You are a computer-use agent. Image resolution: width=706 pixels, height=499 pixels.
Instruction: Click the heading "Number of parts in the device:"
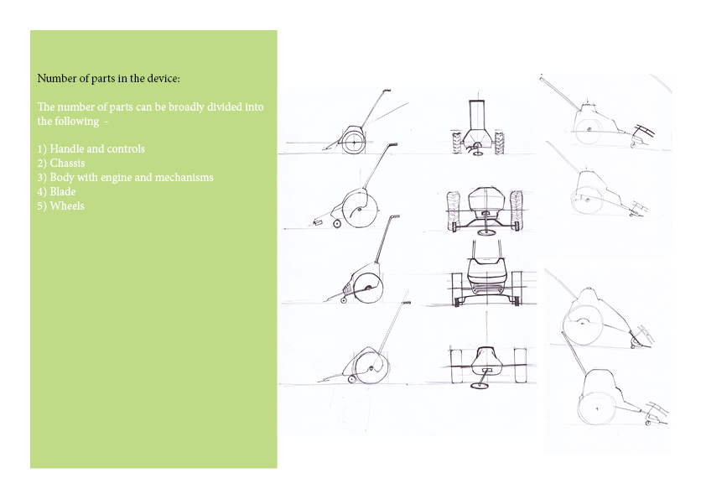click(108, 78)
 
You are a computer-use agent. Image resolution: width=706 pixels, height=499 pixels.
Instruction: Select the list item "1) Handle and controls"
click(91, 149)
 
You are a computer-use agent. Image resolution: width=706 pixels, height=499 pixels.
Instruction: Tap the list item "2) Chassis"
click(61, 163)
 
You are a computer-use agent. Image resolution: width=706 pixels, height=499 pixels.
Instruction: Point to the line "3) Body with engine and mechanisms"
click(125, 178)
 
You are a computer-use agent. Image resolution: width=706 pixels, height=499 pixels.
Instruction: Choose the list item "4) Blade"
click(56, 192)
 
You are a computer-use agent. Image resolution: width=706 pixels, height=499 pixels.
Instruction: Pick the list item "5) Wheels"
click(60, 206)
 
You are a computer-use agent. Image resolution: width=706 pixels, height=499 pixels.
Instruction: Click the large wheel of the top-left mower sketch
click(354, 143)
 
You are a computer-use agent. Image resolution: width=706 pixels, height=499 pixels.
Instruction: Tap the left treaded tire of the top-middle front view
click(457, 143)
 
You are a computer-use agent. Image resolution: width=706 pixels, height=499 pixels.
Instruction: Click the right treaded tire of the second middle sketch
click(517, 211)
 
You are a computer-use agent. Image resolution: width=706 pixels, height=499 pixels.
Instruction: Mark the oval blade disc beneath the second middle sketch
click(485, 232)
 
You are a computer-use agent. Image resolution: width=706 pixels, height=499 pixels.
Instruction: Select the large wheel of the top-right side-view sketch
click(588, 130)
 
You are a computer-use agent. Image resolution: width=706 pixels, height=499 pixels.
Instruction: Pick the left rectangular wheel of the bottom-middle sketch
click(456, 366)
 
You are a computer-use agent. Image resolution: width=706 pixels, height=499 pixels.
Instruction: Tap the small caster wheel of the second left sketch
click(336, 223)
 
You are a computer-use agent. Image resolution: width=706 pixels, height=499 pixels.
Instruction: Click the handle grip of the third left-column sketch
click(394, 217)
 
